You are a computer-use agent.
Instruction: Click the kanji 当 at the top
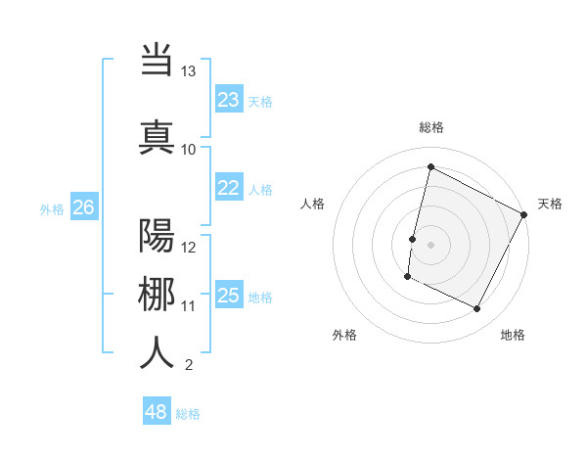(158, 60)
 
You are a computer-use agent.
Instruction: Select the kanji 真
(158, 136)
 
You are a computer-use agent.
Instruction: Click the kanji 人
(158, 353)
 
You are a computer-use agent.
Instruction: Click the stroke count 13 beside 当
(188, 71)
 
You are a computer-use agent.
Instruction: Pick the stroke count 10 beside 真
(188, 149)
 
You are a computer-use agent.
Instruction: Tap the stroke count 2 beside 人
(188, 366)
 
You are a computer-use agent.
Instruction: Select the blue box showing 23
(228, 100)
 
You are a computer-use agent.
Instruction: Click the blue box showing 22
(228, 189)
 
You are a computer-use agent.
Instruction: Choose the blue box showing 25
(228, 297)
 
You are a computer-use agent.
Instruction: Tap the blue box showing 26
(83, 207)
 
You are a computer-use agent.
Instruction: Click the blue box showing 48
(156, 412)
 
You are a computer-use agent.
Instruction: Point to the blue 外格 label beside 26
(52, 208)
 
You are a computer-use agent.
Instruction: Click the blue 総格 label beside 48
(188, 414)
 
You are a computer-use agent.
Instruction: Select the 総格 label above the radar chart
(430, 127)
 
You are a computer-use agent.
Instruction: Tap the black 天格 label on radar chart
(550, 204)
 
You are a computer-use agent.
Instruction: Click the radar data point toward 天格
(524, 214)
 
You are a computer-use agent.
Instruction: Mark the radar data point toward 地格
(476, 309)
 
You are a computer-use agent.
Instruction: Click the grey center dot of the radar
(430, 244)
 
